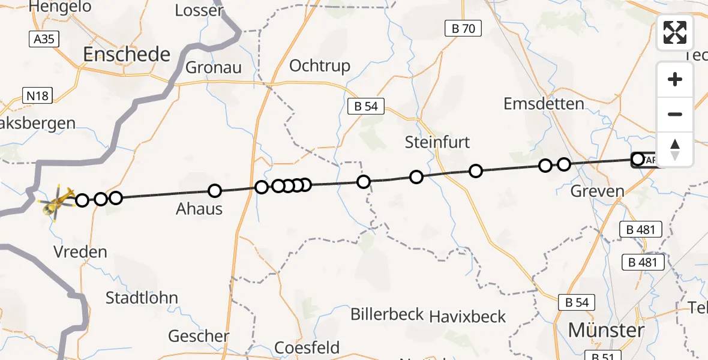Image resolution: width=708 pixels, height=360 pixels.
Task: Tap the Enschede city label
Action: (x=127, y=55)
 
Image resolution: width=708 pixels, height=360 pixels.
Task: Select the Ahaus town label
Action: (x=199, y=209)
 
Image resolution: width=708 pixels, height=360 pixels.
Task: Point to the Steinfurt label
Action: (x=437, y=142)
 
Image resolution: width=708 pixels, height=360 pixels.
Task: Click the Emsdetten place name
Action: (x=544, y=104)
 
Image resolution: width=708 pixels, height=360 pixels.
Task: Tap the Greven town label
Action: (x=598, y=191)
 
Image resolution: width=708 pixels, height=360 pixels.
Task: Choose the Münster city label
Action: (x=606, y=329)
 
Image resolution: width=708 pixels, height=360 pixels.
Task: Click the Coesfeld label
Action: (x=307, y=347)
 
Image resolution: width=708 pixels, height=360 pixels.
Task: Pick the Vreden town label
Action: (x=80, y=251)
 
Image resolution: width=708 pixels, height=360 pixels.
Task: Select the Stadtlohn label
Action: (x=142, y=298)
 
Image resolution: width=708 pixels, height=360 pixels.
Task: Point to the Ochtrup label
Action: (x=320, y=65)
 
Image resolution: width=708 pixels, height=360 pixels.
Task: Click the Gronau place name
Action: (x=214, y=67)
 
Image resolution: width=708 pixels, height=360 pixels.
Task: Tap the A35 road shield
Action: (x=39, y=39)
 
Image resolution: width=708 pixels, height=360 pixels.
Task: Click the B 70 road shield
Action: (x=463, y=28)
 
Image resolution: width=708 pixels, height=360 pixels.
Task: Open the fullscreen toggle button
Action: (x=675, y=32)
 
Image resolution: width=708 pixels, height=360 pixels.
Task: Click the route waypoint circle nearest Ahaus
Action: (x=215, y=191)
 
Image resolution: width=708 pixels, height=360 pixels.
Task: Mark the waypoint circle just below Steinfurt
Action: (x=416, y=176)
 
